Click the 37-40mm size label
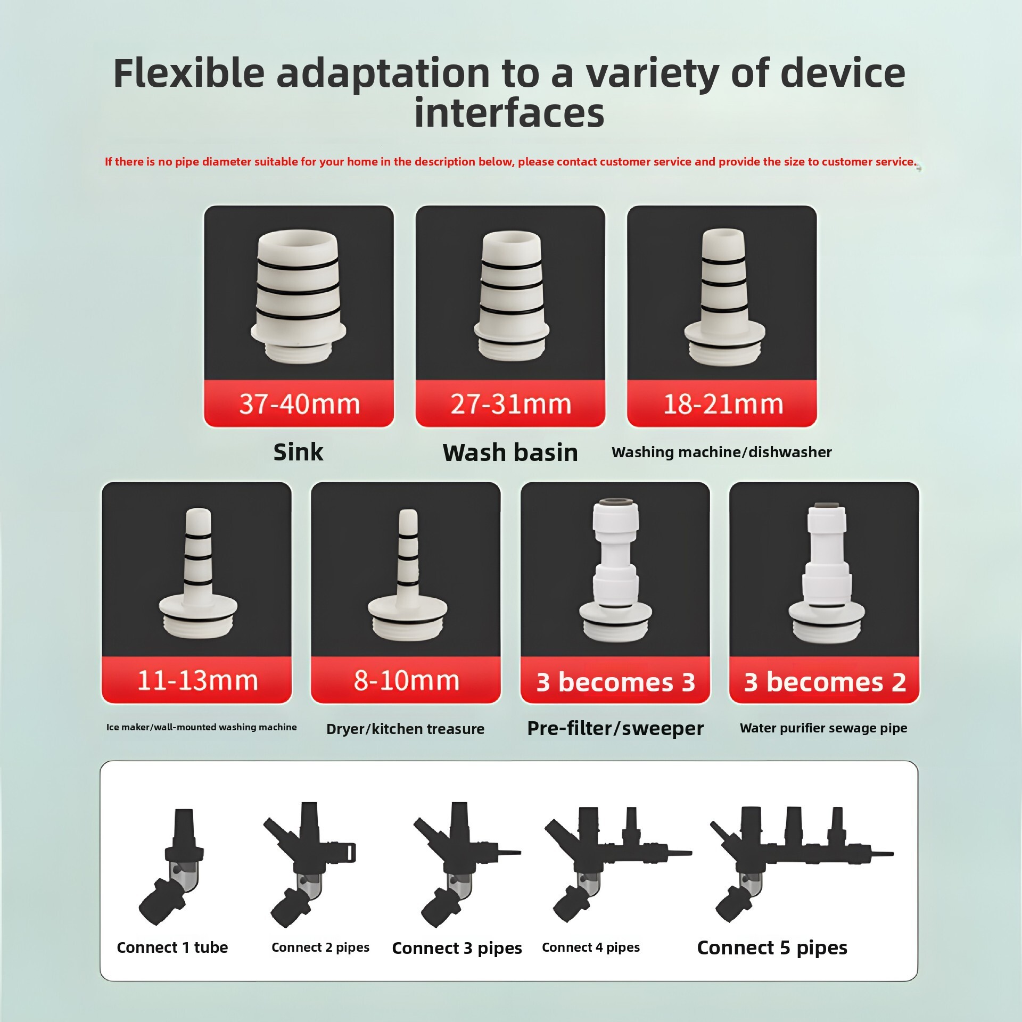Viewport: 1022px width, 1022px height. click(299, 404)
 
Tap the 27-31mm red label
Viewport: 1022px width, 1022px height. click(510, 404)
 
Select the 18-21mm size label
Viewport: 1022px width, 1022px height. click(722, 404)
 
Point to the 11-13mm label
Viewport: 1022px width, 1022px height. click(197, 680)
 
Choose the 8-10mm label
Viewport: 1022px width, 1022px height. click(406, 680)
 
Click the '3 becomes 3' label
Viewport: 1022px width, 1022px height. click(615, 682)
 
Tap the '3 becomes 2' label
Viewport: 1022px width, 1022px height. click(825, 682)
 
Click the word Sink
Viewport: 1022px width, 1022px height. click(298, 452)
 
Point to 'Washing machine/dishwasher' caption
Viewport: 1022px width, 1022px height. click(721, 452)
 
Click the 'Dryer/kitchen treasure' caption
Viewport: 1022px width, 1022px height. click(405, 729)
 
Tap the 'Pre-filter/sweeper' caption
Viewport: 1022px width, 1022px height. click(615, 728)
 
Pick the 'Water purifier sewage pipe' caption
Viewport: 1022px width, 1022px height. click(823, 728)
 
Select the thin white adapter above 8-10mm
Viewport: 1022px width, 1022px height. click(408, 575)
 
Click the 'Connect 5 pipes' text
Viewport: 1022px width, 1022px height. click(772, 948)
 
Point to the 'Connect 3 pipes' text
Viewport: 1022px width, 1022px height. click(457, 948)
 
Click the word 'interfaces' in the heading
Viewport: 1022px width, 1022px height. click(509, 113)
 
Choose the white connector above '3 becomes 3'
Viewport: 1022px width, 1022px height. click(615, 570)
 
